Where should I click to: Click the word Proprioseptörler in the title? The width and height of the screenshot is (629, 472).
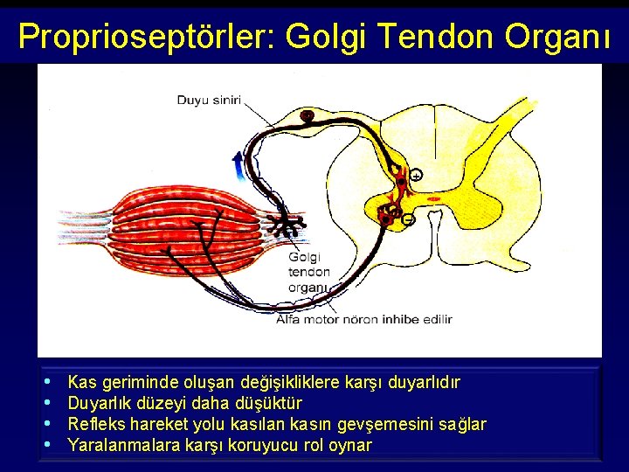tap(145, 36)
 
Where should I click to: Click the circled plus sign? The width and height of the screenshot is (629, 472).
tap(416, 175)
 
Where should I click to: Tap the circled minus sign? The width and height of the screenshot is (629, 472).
tap(407, 220)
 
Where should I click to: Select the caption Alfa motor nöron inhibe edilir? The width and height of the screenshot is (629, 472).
tap(363, 319)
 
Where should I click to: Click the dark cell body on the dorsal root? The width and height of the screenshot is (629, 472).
tap(307, 115)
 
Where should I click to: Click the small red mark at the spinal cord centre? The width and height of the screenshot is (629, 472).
tap(434, 199)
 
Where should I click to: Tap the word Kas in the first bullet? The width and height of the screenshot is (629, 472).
tap(82, 382)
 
